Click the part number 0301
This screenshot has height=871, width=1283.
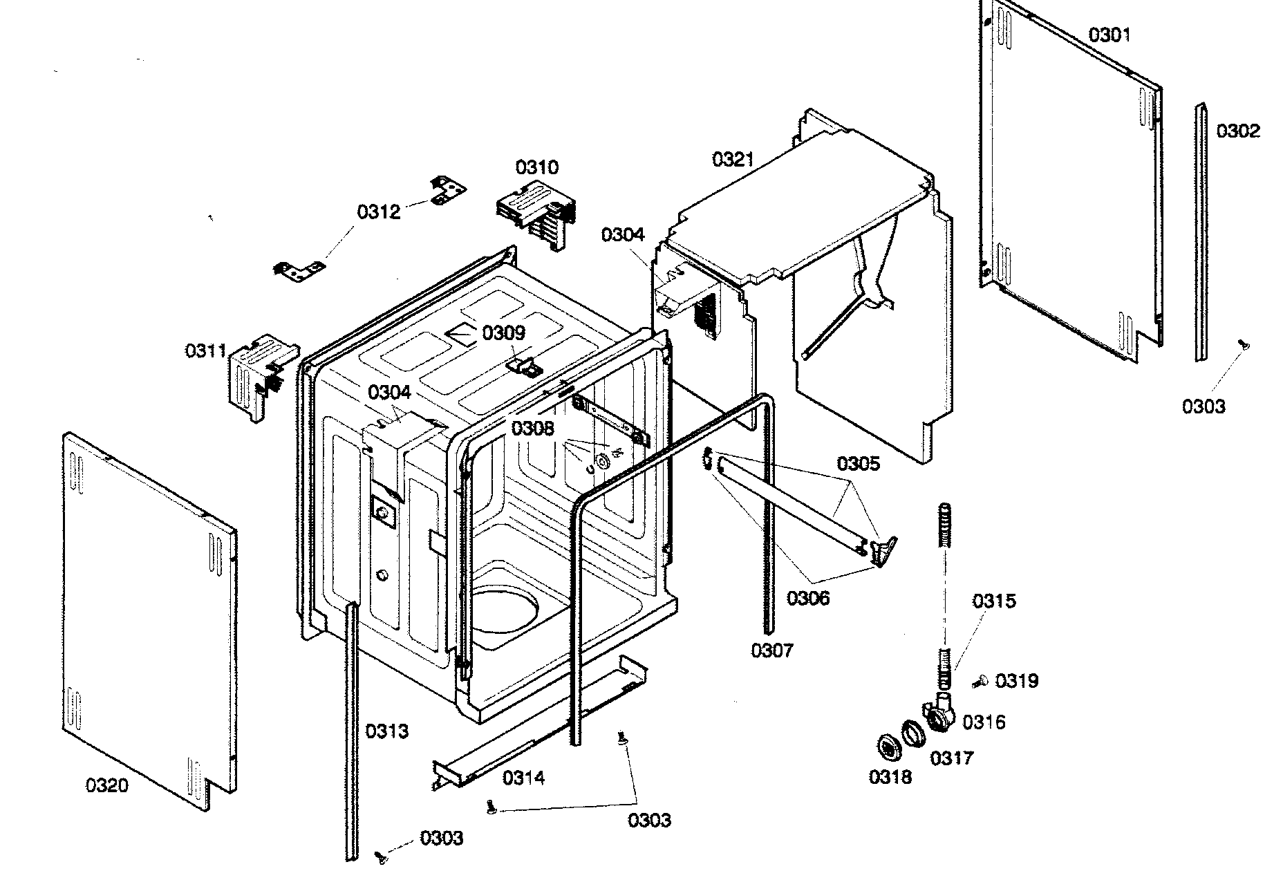pos(1109,35)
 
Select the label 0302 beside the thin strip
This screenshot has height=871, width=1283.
pos(1238,131)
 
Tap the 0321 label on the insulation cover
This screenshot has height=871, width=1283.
pos(733,160)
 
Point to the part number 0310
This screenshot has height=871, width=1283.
pos(537,167)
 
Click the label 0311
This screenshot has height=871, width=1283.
pos(205,351)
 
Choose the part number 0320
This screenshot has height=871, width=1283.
pos(106,785)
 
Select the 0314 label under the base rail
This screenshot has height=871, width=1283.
pos(523,778)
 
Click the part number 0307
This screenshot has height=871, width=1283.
pos(772,650)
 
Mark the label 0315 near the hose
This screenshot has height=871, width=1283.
pos(994,601)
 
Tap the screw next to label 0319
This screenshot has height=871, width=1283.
pos(979,682)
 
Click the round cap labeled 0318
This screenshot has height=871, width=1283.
pos(885,748)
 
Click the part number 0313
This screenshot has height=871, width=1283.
pos(387,731)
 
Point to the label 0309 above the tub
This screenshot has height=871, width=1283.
pos(503,333)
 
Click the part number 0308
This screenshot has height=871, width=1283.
pos(532,429)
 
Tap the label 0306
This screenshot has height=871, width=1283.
pos(808,598)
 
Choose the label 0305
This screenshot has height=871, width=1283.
pos(859,463)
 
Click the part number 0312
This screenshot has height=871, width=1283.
pos(379,212)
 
